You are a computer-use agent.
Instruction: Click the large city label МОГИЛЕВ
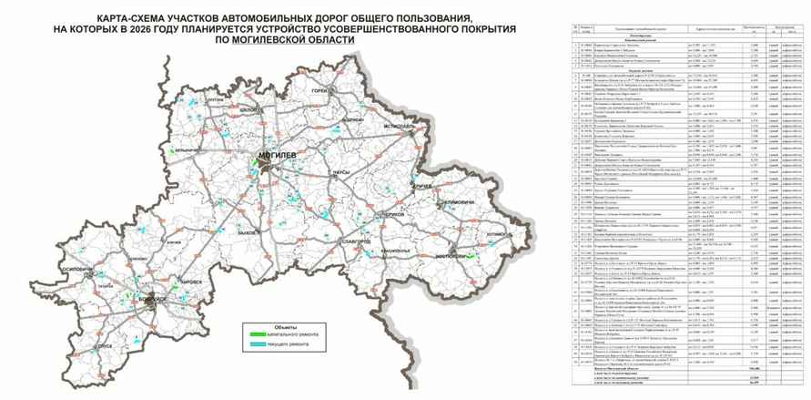[278, 155]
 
